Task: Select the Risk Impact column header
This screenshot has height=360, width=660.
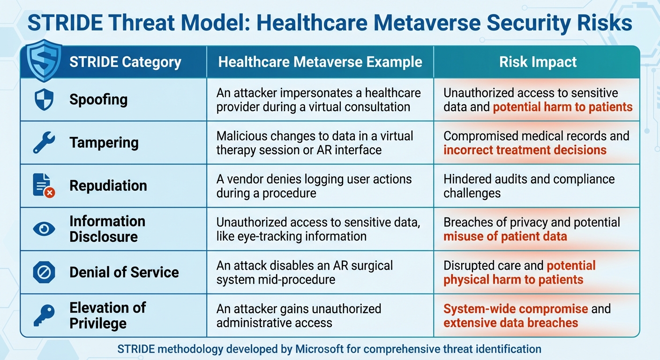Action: [x=538, y=62]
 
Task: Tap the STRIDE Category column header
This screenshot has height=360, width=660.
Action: [x=125, y=62]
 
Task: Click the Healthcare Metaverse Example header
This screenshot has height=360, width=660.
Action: [x=320, y=62]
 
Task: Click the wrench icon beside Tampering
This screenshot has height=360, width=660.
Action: [x=44, y=142]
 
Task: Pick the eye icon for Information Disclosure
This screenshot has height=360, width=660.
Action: [x=44, y=229]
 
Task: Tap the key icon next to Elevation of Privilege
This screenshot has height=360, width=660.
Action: [x=44, y=315]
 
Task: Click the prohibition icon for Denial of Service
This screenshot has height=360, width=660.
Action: [x=44, y=272]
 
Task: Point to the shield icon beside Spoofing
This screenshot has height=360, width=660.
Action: [x=44, y=99]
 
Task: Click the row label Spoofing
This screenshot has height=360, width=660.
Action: [x=98, y=99]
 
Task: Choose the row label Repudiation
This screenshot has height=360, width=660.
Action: [x=108, y=186]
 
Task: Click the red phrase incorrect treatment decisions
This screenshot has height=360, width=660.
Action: [x=525, y=150]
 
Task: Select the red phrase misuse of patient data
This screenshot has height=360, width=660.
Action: [x=505, y=236]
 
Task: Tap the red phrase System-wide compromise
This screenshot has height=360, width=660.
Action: [x=516, y=309]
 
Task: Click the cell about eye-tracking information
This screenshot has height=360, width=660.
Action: [x=318, y=229]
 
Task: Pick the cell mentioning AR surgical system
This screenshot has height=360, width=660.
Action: [x=305, y=272]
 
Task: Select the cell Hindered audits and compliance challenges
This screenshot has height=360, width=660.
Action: [x=529, y=186]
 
